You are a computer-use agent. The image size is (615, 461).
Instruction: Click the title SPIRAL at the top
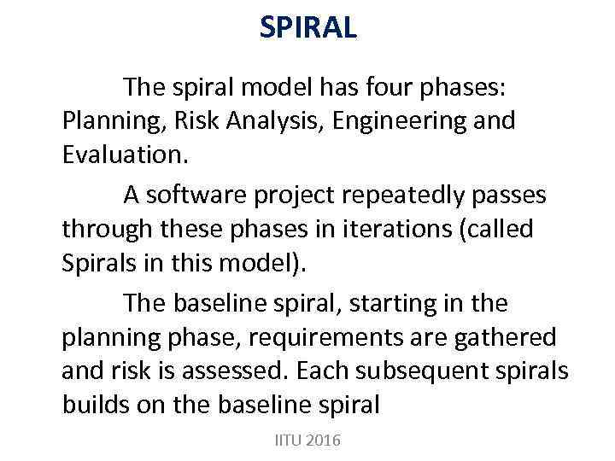307,28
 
